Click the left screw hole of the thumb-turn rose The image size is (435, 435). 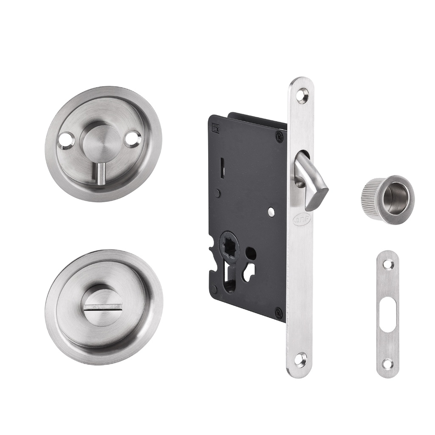click(67, 139)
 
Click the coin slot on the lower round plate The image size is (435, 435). click(104, 305)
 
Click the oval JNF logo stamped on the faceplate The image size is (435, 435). click(302, 219)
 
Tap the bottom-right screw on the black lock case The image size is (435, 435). click(279, 314)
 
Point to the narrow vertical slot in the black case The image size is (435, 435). click(223, 168)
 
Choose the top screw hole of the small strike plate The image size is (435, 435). click(387, 264)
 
